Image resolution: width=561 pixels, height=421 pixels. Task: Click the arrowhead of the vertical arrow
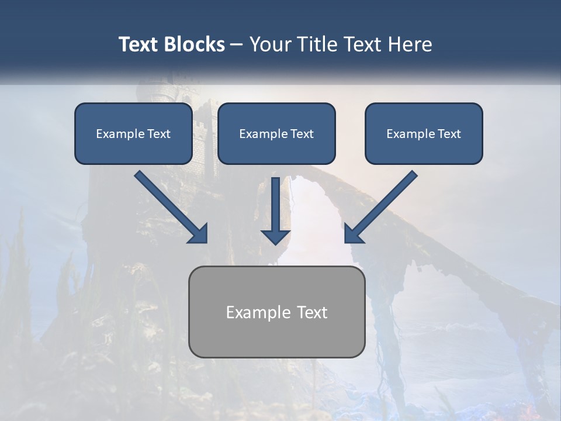coord(276,236)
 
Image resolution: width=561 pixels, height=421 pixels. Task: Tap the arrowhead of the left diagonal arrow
coord(199,234)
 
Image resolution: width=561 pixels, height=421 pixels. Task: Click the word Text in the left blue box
coord(159,134)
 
